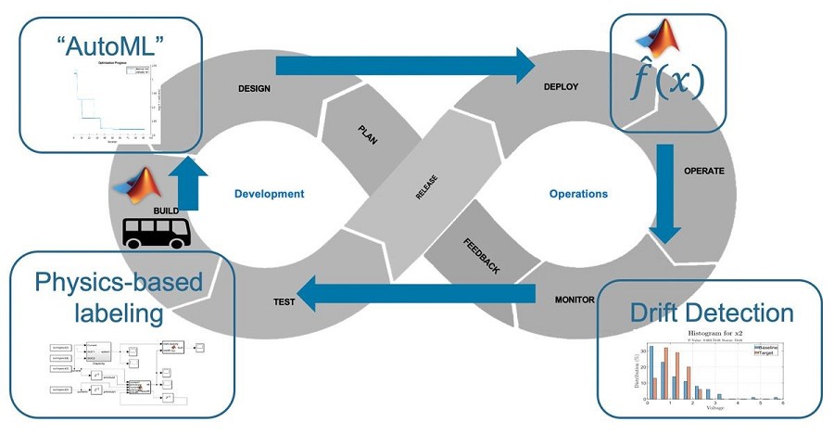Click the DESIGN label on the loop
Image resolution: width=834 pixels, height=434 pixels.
(255, 87)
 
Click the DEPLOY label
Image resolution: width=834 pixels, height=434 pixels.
(561, 87)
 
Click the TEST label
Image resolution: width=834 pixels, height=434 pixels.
(285, 302)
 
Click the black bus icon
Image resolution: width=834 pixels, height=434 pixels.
(157, 233)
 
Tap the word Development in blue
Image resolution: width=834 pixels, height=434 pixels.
(269, 194)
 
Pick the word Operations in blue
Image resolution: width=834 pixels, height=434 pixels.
(578, 194)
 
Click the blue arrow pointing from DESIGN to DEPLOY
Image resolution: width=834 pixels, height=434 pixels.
(406, 65)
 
